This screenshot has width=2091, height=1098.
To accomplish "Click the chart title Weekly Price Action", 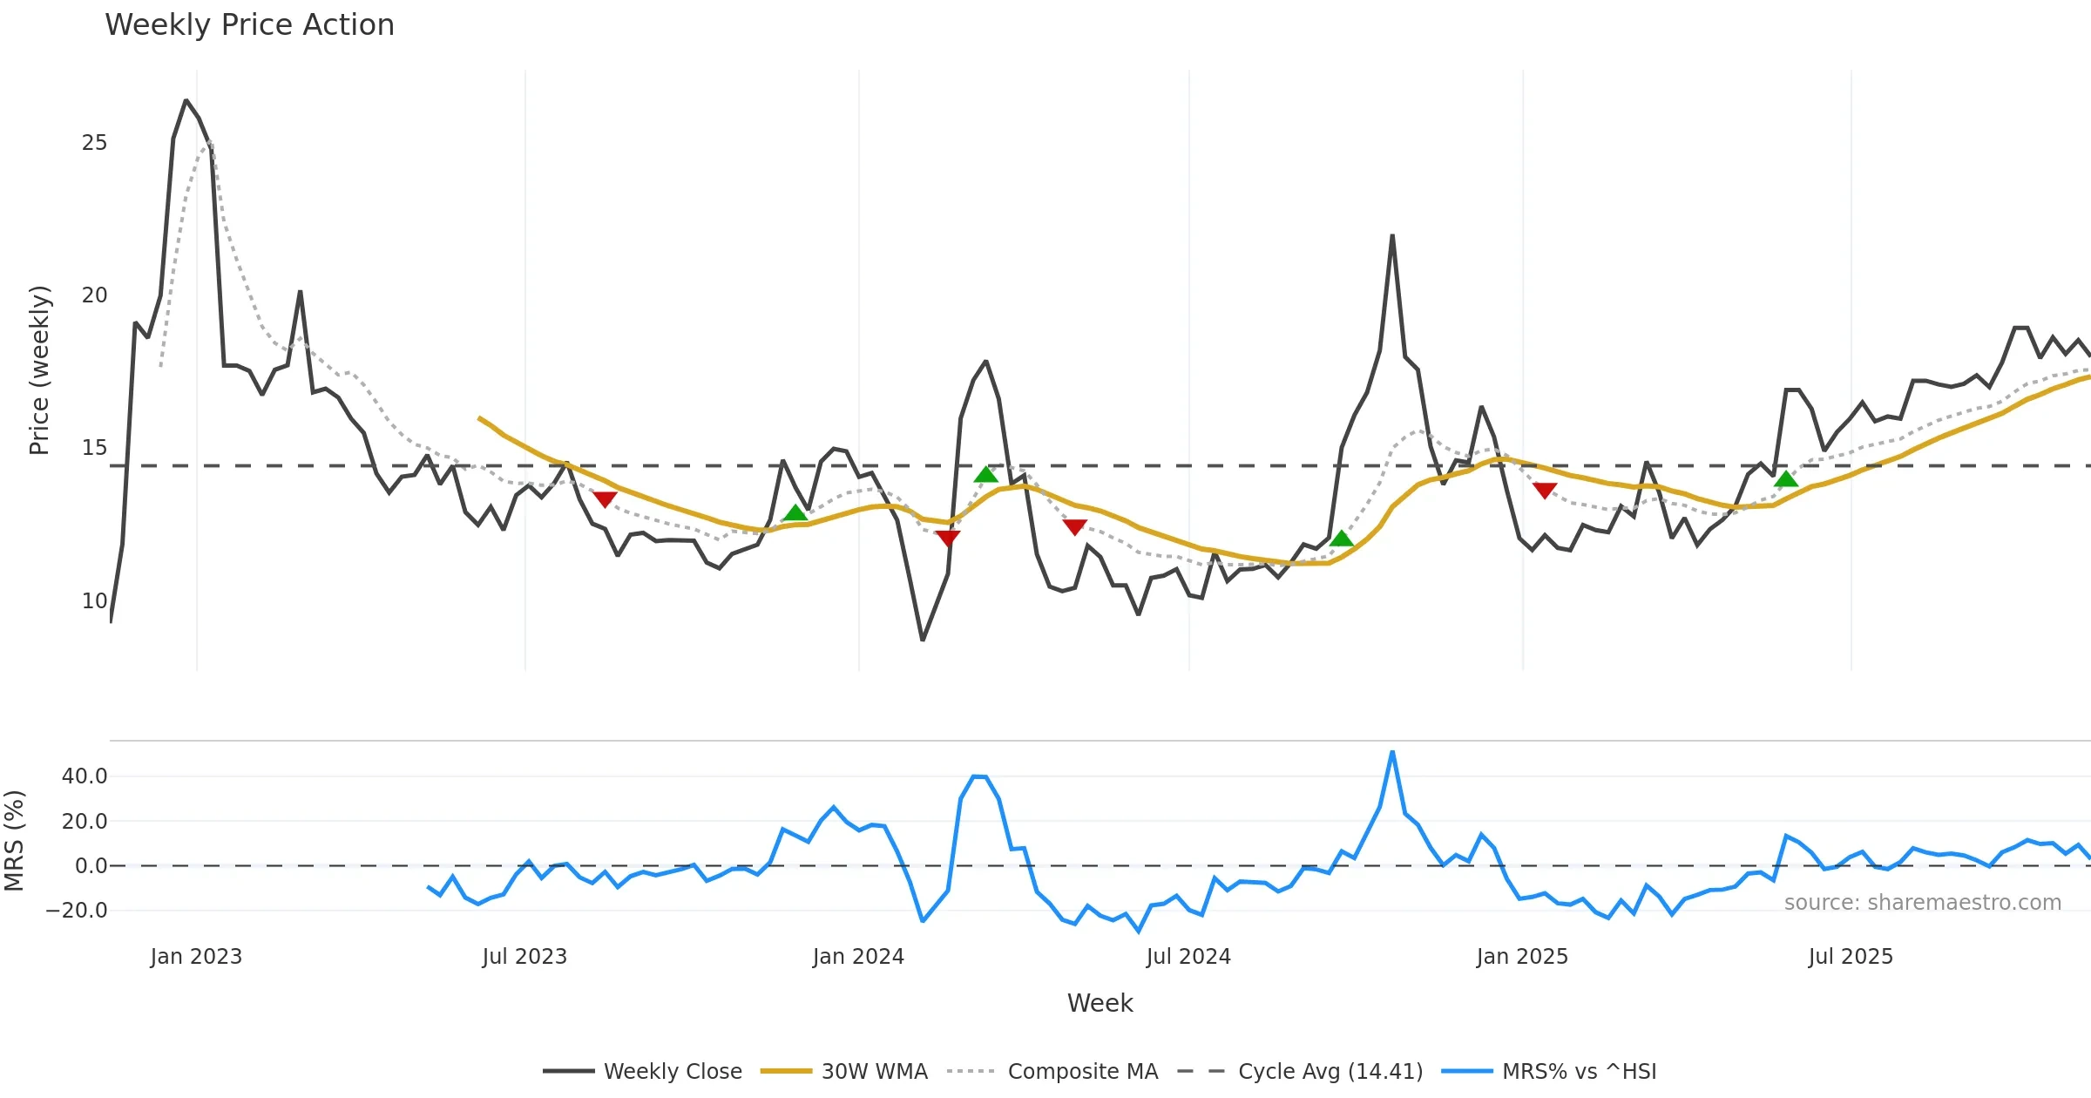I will pos(249,25).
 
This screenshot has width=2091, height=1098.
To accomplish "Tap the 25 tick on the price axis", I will pos(94,143).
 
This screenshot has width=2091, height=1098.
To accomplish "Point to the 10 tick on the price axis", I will pos(94,601).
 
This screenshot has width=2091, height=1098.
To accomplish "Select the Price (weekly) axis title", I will pos(40,370).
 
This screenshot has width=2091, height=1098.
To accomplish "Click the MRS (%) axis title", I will pos(15,840).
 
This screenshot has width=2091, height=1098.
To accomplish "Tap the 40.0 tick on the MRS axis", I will pos(85,776).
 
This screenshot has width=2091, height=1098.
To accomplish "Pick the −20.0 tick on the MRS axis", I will pos(77,911).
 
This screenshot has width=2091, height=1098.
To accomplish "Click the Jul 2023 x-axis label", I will pos(524,957).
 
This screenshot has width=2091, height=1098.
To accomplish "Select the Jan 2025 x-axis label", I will pos(1522,957).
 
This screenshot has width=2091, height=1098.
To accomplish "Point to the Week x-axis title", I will pos(1100,1004).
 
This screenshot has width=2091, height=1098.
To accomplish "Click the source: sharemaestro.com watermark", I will pos(1922,903).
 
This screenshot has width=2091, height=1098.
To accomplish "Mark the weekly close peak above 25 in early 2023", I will pos(186,101).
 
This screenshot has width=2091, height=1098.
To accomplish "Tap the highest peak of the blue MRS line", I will pos(1392,752).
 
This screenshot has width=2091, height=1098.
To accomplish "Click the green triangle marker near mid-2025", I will pos(1786,478).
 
